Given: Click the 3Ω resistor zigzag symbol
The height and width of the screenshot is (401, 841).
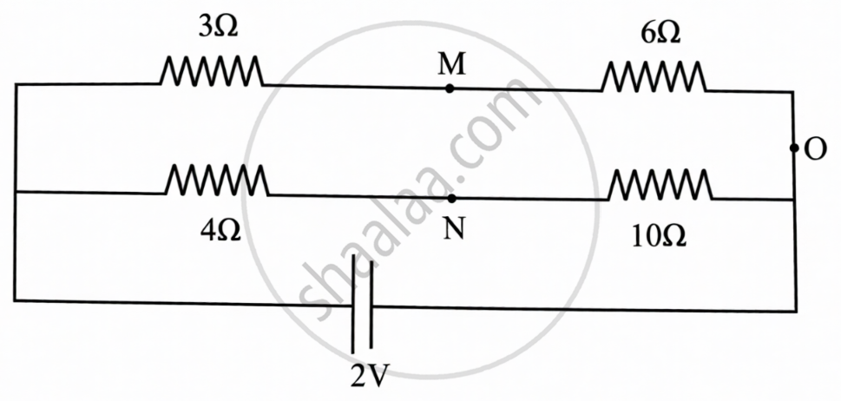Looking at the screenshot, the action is coord(211,71).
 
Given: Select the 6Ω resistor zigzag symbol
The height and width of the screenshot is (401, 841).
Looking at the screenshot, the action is coord(654,76).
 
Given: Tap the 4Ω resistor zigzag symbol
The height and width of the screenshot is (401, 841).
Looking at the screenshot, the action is coord(217,180).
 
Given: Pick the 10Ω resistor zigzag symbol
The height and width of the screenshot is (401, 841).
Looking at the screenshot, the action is coord(660,184).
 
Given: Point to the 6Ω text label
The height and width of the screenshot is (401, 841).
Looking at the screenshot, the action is coord(660,34).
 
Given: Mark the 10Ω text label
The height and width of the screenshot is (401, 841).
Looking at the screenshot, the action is coord(660,238).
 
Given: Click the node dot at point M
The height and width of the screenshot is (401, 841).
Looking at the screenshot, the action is coord(450,89).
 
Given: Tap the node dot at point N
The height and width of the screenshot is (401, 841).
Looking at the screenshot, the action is coord(451,199).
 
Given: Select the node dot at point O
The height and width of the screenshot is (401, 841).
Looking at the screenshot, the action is coord(794,148).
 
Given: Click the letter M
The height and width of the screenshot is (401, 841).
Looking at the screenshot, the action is coord(451,64).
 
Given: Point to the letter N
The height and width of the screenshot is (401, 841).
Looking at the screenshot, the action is coord(453,230).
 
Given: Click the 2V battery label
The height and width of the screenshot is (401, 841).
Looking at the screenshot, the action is coord(370,378).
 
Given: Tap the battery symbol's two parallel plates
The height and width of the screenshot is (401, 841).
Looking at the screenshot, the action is coord(362,304).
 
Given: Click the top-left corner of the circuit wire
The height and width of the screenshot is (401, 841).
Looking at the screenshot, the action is coord(16,85).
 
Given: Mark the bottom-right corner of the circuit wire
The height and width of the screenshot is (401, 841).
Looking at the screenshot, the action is coord(796,311).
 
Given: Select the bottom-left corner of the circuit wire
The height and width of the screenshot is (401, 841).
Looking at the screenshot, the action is coord(15,300).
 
